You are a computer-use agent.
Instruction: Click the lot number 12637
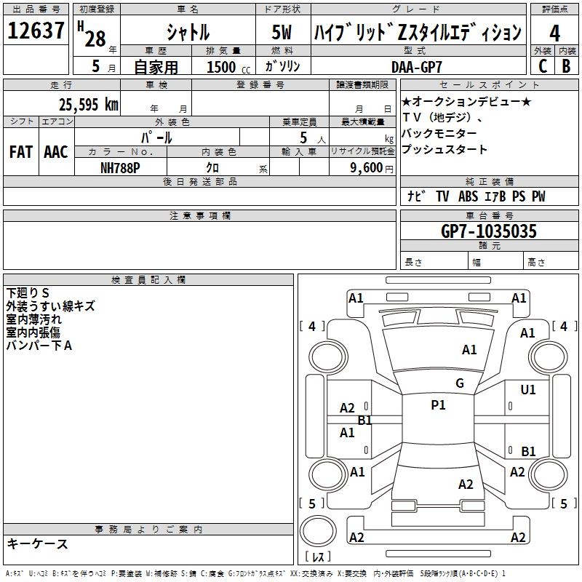[x=36, y=31]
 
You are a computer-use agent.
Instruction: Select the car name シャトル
[x=188, y=32]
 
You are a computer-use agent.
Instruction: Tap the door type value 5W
[x=283, y=32]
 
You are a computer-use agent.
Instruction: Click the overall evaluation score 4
[x=555, y=32]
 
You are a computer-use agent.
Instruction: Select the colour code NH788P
[x=121, y=167]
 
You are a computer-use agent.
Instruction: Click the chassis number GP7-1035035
[x=489, y=231]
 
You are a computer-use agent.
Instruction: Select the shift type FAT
[x=21, y=151]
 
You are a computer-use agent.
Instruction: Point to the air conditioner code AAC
[x=55, y=151]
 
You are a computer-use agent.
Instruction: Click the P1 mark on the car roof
[x=438, y=405]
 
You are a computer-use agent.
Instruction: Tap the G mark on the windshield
[x=459, y=383]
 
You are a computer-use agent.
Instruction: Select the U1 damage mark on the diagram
[x=528, y=390]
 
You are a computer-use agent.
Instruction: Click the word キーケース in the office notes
[x=38, y=543]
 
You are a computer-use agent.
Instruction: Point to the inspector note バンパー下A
[x=39, y=346]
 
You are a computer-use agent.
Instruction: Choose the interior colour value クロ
[x=212, y=167]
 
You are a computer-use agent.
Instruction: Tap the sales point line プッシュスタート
[x=444, y=150]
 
